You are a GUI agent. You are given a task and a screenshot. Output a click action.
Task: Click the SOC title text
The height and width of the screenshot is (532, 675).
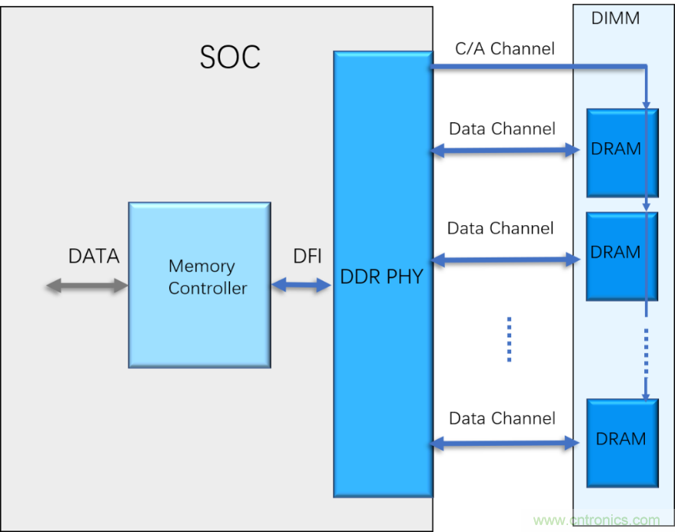(229, 56)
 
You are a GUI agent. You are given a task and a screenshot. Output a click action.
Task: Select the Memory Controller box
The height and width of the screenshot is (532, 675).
(199, 284)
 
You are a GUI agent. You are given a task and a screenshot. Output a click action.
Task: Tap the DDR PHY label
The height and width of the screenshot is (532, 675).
(382, 277)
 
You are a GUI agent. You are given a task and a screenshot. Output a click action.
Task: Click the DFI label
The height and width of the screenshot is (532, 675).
(307, 257)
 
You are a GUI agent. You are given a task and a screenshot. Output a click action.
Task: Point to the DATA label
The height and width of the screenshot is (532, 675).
(94, 256)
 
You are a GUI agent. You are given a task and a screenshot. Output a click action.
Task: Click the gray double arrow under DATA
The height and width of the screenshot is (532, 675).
(87, 286)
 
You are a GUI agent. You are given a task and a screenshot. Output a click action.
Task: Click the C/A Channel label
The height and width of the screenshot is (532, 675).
(504, 49)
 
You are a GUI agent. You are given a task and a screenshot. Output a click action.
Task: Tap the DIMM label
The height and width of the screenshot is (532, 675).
(615, 18)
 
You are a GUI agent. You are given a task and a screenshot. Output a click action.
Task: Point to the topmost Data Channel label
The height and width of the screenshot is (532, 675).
(502, 128)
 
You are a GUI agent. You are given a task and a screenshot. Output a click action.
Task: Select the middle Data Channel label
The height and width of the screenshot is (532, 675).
(500, 228)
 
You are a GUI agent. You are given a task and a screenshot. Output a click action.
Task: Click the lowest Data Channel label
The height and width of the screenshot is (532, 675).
(502, 418)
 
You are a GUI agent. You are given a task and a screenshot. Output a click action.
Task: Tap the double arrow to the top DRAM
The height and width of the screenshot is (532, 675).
(504, 151)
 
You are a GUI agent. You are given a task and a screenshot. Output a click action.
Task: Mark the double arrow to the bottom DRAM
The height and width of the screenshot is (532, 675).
(504, 443)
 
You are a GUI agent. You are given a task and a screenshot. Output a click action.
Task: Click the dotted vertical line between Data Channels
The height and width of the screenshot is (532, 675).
(509, 338)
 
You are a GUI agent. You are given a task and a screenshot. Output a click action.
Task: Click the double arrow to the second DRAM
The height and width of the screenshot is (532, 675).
(504, 261)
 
